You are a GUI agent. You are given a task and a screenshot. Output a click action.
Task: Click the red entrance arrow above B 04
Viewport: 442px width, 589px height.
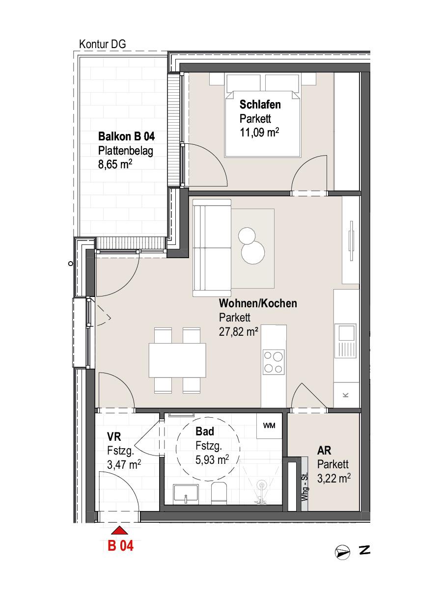pos(119,531)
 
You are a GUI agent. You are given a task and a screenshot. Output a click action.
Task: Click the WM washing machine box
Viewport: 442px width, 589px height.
pos(269,426)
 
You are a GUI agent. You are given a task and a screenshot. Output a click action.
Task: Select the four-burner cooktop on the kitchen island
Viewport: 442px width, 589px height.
pos(274,362)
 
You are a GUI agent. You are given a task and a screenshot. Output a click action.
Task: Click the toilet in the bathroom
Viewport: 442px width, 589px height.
pos(219,493)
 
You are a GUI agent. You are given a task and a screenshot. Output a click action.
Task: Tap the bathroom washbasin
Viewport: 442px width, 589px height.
pos(186,494)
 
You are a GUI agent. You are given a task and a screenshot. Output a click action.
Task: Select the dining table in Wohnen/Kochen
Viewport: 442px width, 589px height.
pos(177,360)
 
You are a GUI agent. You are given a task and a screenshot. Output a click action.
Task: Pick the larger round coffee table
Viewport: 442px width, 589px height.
pos(253,252)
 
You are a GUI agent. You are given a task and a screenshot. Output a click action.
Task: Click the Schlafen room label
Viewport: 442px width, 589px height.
pos(260,105)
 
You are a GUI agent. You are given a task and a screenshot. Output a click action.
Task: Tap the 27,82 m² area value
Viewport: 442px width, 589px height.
pos(238,332)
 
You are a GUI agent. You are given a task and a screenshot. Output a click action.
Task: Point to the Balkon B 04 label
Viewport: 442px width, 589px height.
pos(126,136)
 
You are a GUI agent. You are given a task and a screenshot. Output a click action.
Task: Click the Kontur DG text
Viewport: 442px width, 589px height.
pos(103,44)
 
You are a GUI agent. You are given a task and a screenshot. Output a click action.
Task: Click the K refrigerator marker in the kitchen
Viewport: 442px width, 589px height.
pos(346,395)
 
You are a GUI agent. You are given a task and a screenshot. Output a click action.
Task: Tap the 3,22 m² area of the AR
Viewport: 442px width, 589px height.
pos(334,478)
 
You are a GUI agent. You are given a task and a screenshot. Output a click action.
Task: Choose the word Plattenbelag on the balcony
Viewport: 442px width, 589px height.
pos(126,151)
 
